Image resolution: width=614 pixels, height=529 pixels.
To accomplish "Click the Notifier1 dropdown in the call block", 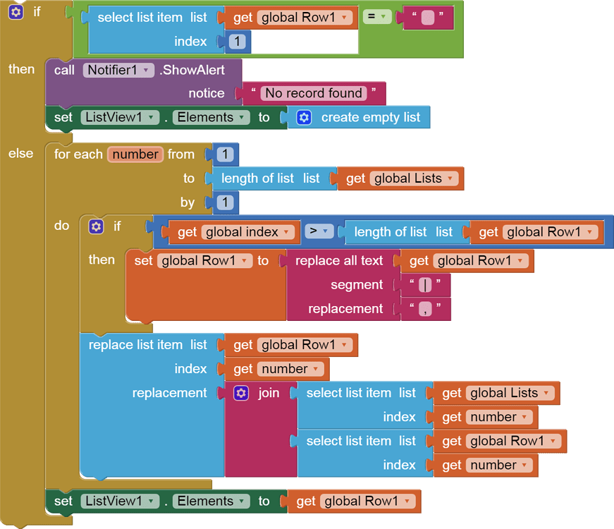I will point(118,70).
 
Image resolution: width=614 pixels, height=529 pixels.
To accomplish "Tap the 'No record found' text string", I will point(314,93).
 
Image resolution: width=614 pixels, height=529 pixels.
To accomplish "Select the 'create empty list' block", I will point(370,118).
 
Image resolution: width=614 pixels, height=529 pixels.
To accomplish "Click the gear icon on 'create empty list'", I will point(304,118).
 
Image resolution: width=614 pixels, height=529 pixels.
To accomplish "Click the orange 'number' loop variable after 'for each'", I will point(135,154).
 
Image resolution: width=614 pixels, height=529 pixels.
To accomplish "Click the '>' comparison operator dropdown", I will point(319,231).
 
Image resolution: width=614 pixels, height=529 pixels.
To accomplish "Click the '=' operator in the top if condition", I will point(376,16).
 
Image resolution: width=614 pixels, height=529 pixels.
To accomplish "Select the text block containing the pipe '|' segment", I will point(425,285).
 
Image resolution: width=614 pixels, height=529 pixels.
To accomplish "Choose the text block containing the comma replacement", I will point(425,309).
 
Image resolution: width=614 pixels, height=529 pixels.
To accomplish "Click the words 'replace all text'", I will point(339,261).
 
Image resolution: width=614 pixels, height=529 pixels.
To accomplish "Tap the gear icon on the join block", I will point(242,393).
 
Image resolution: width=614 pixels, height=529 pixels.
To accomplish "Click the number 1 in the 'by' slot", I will point(225,203).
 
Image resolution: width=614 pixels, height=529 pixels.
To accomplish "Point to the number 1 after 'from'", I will point(225,154).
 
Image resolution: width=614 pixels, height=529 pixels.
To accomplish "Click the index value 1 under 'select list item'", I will point(238,42).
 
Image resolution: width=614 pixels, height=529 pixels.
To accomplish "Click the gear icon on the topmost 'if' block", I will point(16,12).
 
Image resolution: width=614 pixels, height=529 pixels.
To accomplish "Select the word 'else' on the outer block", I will point(20,153).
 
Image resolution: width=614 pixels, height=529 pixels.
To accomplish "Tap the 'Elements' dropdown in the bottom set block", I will point(211,501).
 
